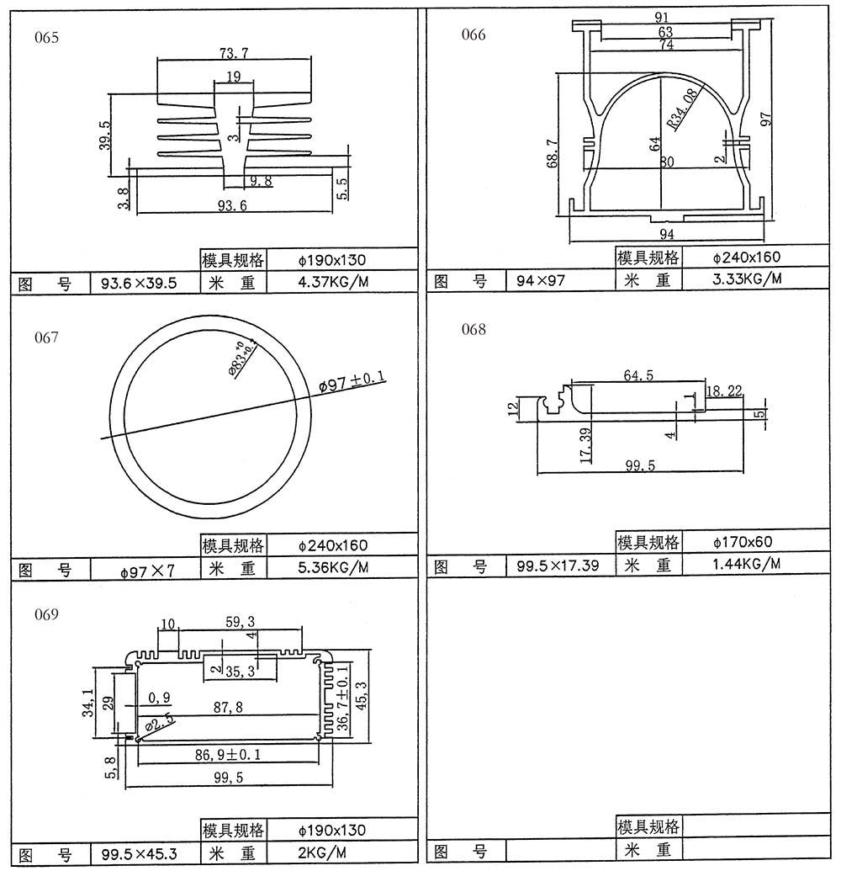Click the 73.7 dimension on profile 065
233,54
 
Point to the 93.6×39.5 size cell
138,283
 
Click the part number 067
46,337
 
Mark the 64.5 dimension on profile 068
638,375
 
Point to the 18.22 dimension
724,390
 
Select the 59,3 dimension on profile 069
241,623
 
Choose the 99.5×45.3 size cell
139,854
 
